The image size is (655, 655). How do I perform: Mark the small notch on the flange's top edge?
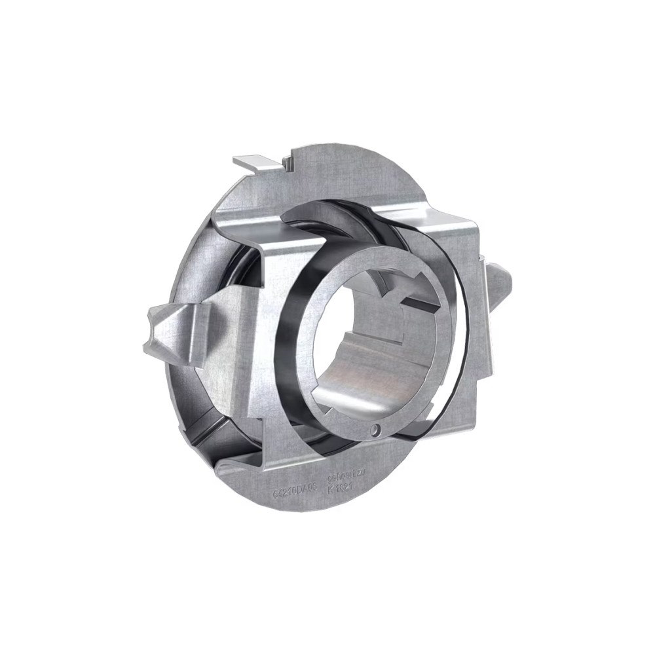pos(289,160)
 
